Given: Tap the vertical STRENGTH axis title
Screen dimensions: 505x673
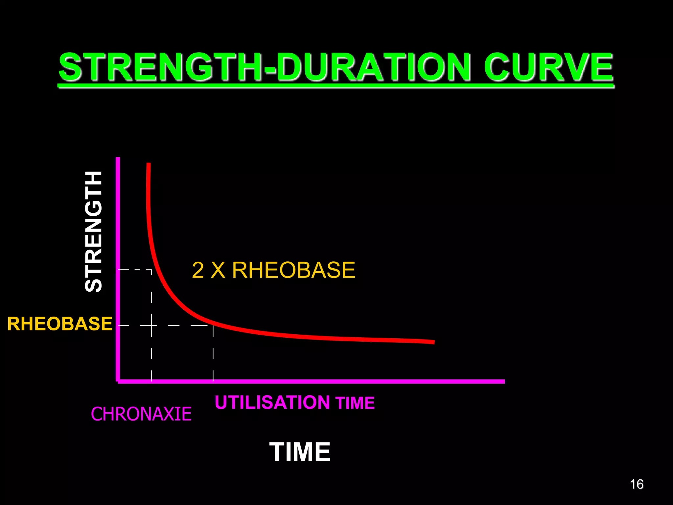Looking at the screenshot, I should coord(93,231).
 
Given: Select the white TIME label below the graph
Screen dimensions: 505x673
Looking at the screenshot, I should coord(300,452).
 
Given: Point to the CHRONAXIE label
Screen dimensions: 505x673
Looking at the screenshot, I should coord(141,414).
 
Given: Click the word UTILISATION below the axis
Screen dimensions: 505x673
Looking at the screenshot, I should coord(272,402).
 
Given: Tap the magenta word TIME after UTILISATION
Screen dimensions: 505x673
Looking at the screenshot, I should coord(355,403).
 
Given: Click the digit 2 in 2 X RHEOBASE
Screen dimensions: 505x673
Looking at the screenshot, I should coord(198,270).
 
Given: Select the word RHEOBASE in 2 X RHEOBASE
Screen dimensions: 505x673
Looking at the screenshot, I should coord(293,270).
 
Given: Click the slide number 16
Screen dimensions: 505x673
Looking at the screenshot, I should coord(637,484).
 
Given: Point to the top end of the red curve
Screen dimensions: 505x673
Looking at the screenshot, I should coord(149,164).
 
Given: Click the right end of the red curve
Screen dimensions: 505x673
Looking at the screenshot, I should coord(434,342).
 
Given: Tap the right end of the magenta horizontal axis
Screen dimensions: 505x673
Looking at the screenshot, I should coord(503,381).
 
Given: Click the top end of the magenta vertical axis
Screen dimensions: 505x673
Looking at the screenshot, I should coord(118,158).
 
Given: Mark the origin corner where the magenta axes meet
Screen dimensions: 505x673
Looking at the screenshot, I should coord(118,381).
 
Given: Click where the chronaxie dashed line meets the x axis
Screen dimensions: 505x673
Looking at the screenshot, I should coord(151,381).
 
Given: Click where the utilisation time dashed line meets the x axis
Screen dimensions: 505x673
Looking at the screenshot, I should coord(213,381).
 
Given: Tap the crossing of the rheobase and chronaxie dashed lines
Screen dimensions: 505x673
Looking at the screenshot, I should coord(151,325).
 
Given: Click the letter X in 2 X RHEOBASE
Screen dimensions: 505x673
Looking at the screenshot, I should coord(218,270).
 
